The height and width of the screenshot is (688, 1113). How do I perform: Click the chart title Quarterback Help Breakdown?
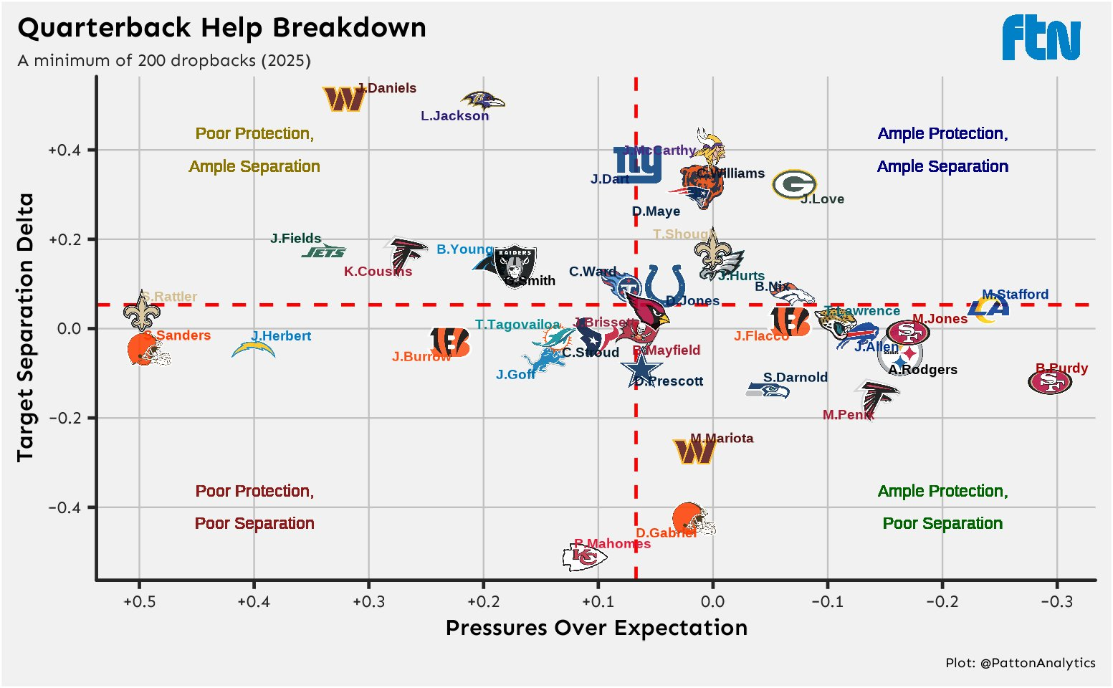point(221,28)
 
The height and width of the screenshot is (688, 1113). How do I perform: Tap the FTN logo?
point(1041,38)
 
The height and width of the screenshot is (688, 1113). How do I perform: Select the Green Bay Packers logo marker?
point(794,184)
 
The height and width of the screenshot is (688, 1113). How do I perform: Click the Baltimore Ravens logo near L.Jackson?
point(482,100)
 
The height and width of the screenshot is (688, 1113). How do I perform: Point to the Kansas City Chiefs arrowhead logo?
point(585,556)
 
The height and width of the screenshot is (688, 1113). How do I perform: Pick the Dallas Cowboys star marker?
point(641,370)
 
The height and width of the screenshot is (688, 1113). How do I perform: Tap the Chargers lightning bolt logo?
point(254,350)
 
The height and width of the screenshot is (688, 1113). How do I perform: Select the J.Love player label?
point(822,199)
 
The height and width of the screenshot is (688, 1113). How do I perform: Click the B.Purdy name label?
point(1061,368)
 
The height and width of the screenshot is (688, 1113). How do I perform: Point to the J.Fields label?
point(295,239)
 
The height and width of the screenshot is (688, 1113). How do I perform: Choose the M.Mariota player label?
point(722,439)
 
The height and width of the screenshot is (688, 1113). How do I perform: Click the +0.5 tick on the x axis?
point(139,601)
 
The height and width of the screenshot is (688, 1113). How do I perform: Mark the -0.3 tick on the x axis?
point(1056,601)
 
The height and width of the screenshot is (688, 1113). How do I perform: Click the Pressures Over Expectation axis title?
point(596,628)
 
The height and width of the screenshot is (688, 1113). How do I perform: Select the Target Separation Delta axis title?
point(26,327)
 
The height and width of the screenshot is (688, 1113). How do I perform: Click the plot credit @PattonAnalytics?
point(1020,663)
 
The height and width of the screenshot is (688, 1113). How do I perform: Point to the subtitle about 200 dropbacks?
point(164,60)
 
